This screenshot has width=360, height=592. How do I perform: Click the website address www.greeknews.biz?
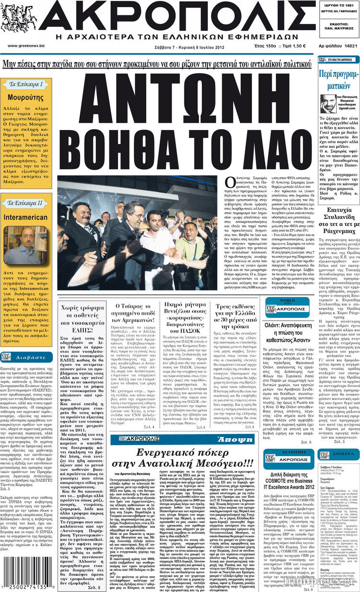26,46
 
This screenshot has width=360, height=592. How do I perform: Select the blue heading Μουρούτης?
29,97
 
